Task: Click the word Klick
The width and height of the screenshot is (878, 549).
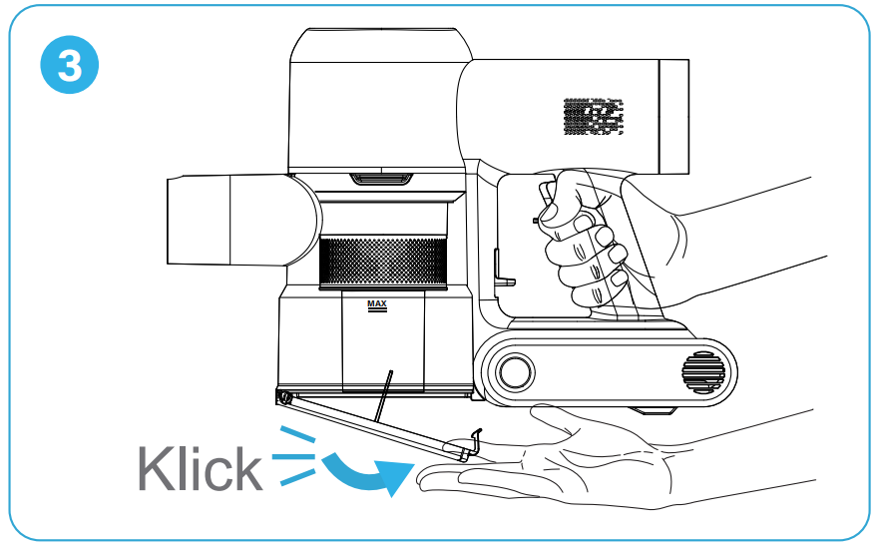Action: [200, 467]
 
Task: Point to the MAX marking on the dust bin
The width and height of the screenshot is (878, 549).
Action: [376, 304]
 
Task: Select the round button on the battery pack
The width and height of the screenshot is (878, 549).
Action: [515, 371]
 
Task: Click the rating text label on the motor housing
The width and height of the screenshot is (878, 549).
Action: [593, 116]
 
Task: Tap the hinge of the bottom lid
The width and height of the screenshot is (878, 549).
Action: [285, 397]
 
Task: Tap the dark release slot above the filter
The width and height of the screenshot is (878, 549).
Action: [380, 179]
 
